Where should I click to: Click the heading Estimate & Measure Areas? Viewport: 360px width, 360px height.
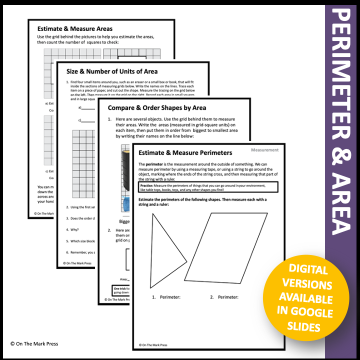(75, 28)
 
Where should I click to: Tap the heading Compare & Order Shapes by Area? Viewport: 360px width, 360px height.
(157, 107)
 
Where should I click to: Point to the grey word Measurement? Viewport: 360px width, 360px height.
(265, 149)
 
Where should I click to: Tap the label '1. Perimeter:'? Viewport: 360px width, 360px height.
(166, 297)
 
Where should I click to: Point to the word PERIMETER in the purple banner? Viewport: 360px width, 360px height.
(342, 80)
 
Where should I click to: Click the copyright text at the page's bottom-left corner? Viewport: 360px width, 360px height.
(33, 344)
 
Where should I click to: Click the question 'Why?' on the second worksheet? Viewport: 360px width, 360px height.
(72, 230)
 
